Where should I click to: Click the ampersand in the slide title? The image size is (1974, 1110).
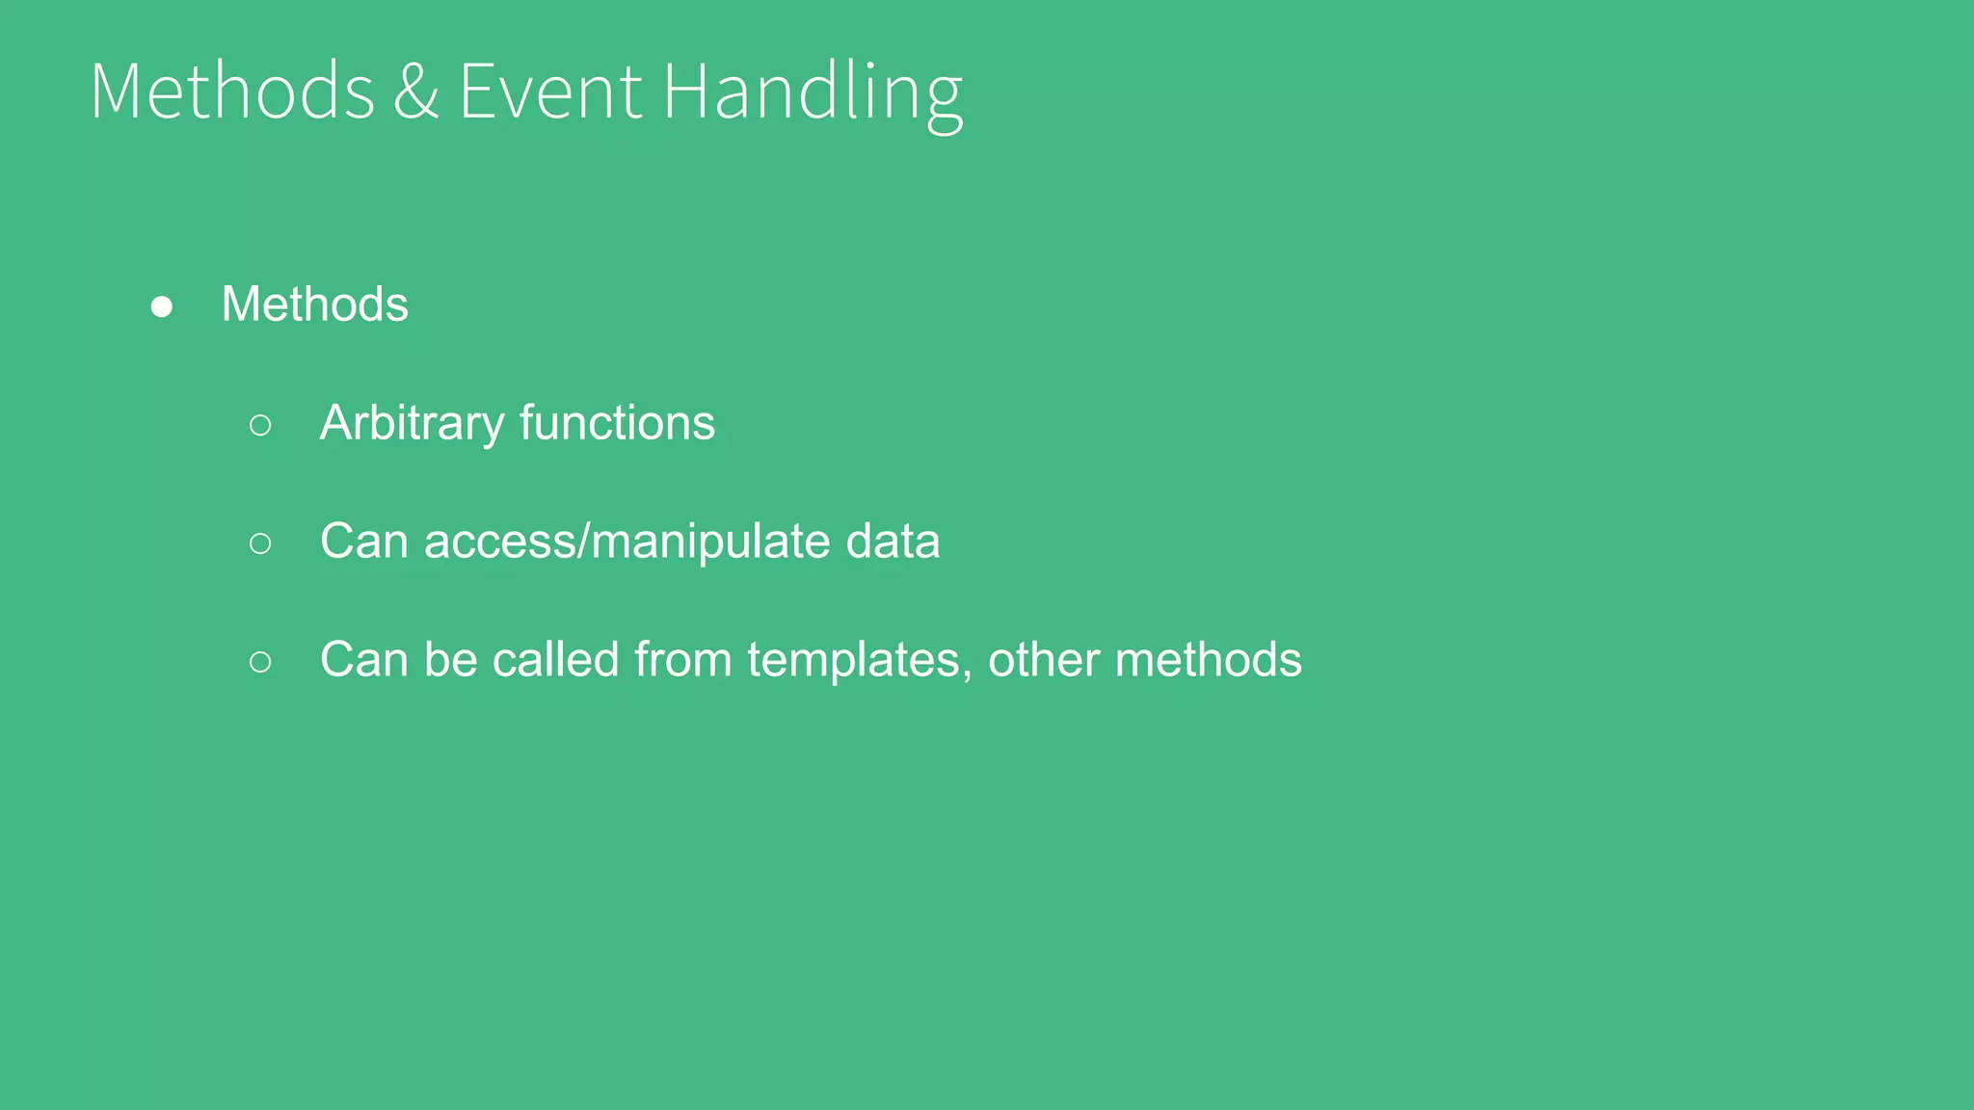415,92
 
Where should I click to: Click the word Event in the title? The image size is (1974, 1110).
549,92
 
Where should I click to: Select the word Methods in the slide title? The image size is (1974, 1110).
232,92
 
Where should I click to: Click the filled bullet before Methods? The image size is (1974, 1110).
162,306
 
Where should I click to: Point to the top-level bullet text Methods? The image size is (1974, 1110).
314,304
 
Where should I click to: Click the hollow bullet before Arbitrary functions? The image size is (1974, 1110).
260,425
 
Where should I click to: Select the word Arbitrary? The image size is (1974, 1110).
412,424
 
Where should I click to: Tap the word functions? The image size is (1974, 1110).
617,423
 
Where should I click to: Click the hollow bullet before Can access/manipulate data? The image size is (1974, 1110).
260,543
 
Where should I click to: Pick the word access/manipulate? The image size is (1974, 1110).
627,542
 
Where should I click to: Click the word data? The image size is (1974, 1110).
893,542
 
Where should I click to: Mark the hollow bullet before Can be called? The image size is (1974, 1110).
260,662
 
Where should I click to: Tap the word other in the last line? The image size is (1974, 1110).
1043,660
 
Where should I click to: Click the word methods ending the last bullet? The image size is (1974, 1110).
1208,660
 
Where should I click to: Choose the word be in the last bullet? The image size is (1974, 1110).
450,660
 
